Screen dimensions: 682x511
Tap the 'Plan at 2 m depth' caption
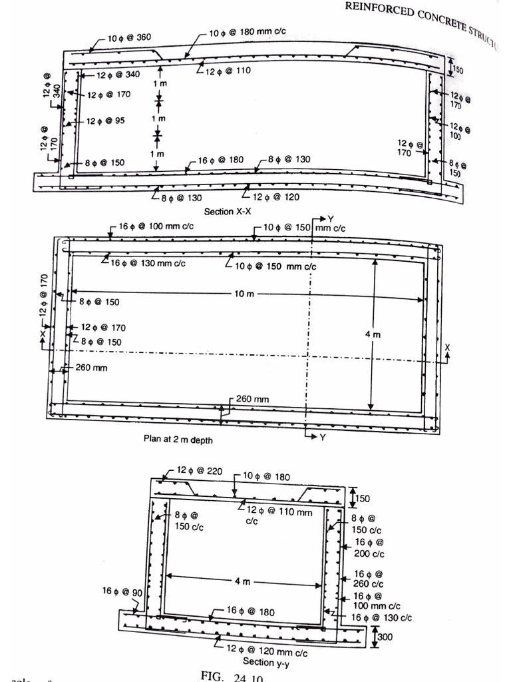178,440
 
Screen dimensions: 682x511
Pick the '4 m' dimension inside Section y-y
242,581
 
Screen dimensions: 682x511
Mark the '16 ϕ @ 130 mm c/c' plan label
148,264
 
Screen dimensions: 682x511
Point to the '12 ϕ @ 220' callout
200,472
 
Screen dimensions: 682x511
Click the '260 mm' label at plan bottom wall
252,399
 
